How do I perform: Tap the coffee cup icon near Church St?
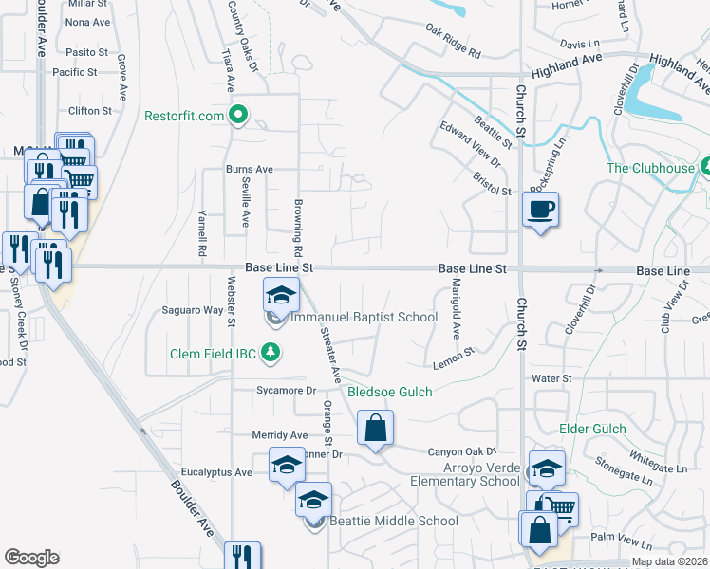click(540, 210)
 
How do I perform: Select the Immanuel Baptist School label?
click(364, 318)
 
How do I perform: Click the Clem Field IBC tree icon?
click(272, 354)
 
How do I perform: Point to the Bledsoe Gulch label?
click(390, 392)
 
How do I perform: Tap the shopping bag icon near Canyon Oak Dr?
click(376, 428)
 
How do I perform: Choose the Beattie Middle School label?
click(384, 521)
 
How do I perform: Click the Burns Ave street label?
click(249, 170)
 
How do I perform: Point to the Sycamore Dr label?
click(285, 390)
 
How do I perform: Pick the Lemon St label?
click(453, 356)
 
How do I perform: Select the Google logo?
click(31, 558)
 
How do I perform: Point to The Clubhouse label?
click(651, 169)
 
